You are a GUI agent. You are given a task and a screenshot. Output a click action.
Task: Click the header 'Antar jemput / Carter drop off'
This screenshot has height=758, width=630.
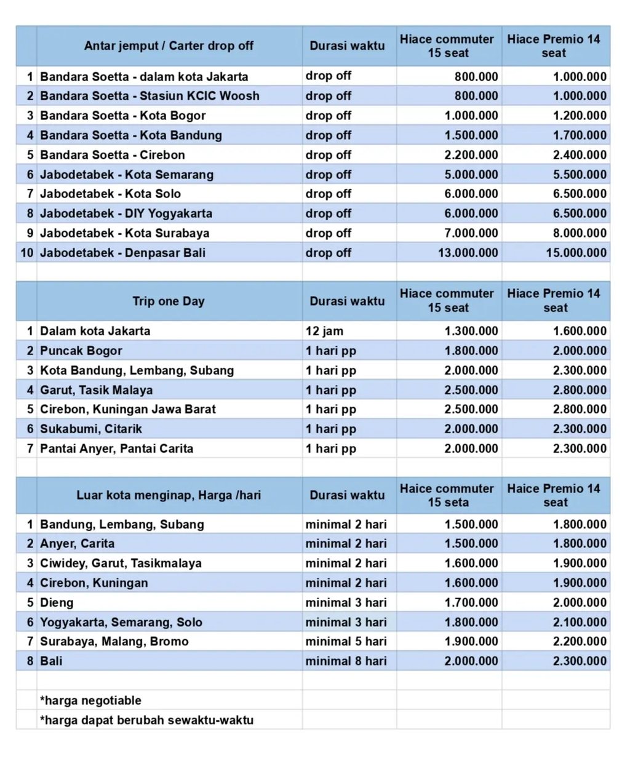(169, 46)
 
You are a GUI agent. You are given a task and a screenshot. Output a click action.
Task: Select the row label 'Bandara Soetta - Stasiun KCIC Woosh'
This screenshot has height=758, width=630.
(150, 96)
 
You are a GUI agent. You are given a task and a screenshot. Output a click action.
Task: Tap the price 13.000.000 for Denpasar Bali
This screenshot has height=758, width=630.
(468, 253)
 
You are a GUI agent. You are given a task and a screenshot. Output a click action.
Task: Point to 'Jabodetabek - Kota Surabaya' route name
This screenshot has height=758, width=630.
(124, 233)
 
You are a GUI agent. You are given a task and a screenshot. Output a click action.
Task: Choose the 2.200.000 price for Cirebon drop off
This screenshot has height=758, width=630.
(471, 155)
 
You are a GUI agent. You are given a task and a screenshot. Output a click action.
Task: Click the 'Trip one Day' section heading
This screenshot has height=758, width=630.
(169, 301)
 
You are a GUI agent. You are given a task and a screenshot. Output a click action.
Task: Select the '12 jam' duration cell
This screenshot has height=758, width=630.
(324, 331)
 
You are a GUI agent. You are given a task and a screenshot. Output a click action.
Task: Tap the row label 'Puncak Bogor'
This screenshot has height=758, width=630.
(81, 351)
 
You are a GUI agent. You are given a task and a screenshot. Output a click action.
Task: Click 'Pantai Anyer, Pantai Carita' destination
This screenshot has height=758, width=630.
(116, 449)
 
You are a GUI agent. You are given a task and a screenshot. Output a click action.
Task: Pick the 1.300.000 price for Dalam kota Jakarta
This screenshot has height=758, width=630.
(471, 331)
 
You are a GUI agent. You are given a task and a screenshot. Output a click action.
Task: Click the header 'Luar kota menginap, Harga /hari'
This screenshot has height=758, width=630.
(169, 495)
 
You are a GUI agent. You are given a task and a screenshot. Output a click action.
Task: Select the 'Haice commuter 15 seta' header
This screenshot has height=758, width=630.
(447, 495)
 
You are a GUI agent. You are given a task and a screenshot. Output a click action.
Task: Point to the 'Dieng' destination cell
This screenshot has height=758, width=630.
(57, 602)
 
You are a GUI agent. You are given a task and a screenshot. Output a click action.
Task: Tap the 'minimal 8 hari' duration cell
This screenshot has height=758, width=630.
(346, 661)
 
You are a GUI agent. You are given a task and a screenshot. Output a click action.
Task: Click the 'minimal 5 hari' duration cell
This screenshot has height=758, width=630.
(346, 642)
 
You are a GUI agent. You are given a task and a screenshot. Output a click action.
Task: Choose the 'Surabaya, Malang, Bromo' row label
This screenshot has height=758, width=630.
(114, 642)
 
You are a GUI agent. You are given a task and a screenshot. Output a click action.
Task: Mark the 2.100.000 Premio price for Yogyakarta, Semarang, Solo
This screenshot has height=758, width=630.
(580, 622)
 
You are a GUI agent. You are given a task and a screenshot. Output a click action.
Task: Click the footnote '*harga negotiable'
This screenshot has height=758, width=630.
(90, 701)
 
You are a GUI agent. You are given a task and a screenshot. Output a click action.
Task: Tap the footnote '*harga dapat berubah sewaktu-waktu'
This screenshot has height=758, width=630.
(146, 720)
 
